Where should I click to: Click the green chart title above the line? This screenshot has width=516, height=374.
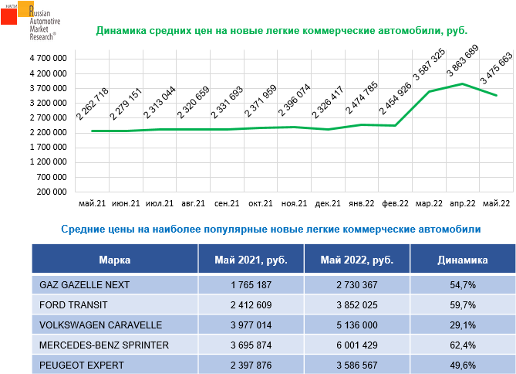(282, 32)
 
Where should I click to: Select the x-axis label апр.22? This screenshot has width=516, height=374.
(462, 203)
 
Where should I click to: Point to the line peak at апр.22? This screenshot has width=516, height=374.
(462, 83)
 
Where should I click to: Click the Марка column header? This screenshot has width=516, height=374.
(115, 260)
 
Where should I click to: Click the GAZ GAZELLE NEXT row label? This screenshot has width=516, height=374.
(84, 285)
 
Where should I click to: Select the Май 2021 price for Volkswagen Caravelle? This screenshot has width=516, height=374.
(251, 325)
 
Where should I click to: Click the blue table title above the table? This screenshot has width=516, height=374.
(270, 229)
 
